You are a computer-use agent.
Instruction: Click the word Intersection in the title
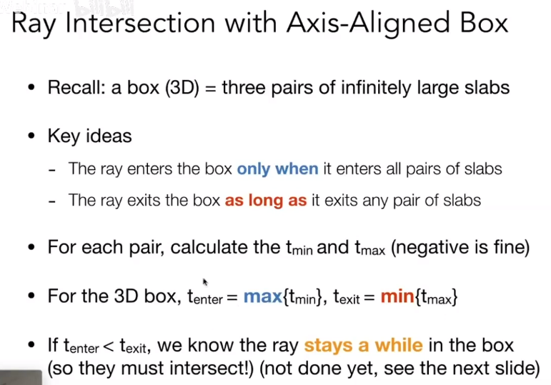point(140,23)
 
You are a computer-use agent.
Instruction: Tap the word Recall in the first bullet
point(76,87)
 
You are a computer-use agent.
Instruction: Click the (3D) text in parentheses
point(182,88)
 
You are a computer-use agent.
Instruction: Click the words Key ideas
point(89,136)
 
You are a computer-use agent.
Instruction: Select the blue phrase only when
point(277,169)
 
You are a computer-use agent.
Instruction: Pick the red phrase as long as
point(266,201)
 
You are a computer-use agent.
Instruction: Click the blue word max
point(263,297)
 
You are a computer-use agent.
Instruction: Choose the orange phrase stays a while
point(363,346)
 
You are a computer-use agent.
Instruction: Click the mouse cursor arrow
point(205,282)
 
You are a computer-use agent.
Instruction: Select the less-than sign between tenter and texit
point(109,346)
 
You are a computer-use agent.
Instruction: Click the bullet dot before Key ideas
point(31,136)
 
